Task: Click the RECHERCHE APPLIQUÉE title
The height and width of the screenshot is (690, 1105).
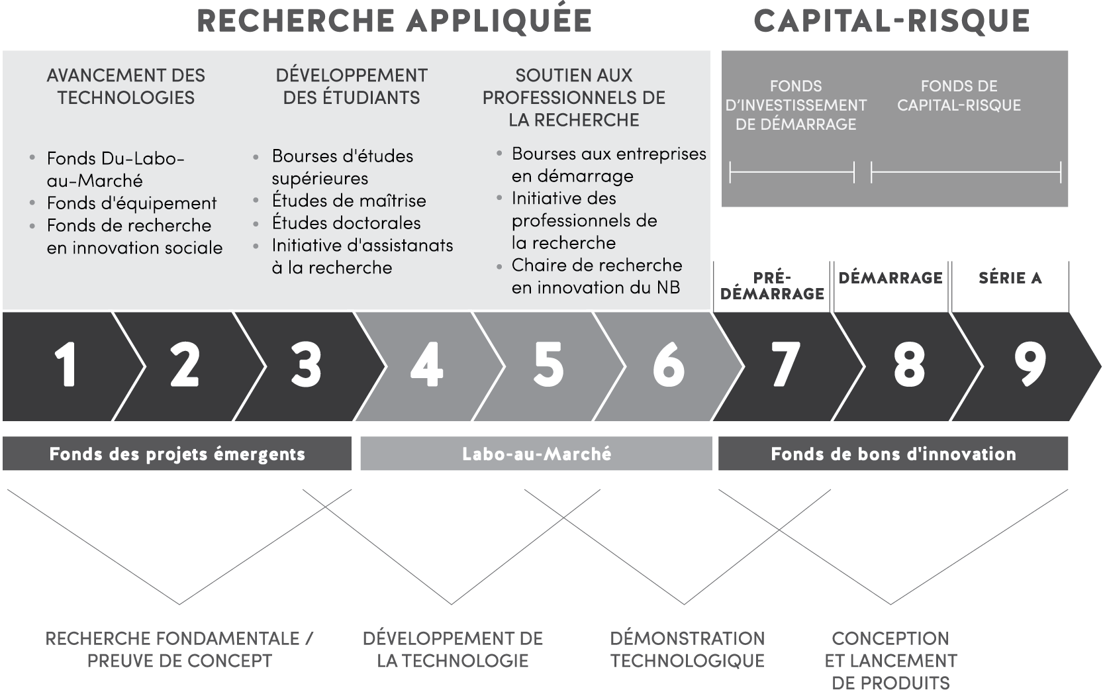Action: [395, 21]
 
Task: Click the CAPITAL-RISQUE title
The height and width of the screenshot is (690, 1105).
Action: [892, 21]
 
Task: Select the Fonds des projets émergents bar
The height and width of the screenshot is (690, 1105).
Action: [177, 454]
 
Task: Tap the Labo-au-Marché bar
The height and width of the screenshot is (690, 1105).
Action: [536, 454]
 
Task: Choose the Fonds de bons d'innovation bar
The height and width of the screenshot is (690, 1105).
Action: [893, 454]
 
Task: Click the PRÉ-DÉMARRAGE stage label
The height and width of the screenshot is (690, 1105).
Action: [772, 285]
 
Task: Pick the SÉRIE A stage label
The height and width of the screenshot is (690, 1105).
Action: [1010, 278]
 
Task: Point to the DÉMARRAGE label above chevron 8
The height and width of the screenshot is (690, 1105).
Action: [890, 278]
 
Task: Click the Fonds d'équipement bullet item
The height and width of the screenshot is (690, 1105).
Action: [132, 203]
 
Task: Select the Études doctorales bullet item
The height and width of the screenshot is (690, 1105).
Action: [346, 222]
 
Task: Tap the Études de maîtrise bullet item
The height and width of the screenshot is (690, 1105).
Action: [349, 201]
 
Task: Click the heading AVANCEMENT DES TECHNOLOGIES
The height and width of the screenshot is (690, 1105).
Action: [126, 86]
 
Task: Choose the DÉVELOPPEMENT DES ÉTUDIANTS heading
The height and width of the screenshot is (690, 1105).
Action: [352, 86]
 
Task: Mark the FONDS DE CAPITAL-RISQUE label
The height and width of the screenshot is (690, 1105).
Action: [959, 96]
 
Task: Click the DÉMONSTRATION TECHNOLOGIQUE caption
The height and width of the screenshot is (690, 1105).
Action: [687, 650]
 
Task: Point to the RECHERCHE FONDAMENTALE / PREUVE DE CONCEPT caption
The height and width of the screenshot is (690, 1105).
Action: [179, 650]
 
